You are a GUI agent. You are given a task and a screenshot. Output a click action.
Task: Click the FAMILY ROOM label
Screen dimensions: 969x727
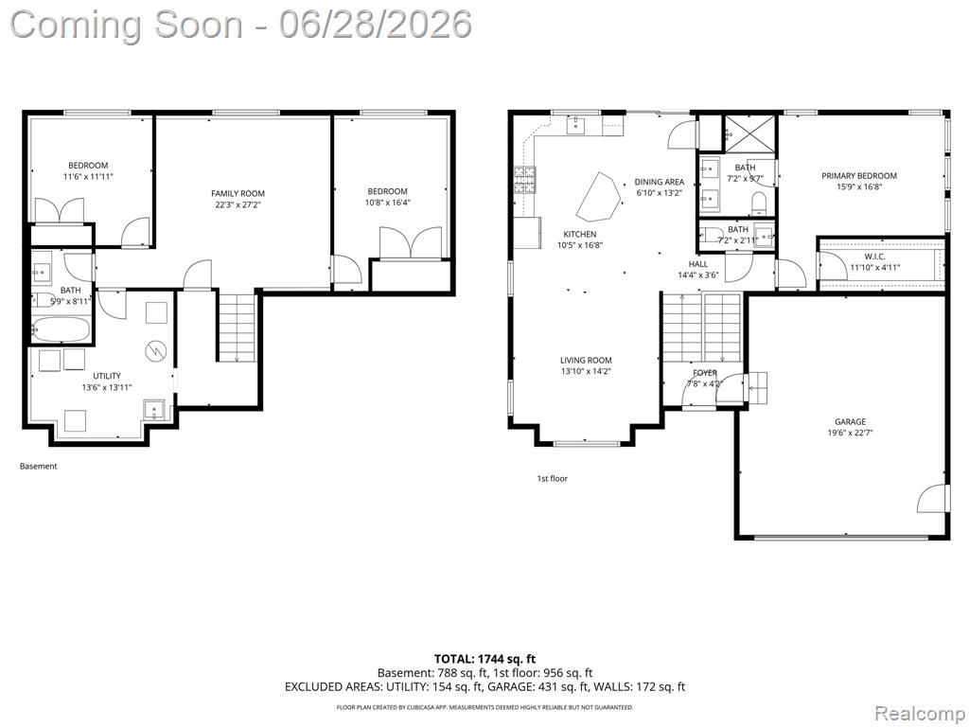click(238, 193)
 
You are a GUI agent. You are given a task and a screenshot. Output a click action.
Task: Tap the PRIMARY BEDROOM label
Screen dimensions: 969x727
click(859, 176)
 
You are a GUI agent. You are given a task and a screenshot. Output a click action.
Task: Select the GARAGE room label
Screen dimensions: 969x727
click(851, 421)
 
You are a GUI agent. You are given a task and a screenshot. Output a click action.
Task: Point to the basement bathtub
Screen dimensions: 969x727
click(61, 329)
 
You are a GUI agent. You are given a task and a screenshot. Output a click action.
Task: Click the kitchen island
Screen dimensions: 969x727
click(599, 197)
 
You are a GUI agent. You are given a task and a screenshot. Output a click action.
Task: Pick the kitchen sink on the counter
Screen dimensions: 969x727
click(576, 124)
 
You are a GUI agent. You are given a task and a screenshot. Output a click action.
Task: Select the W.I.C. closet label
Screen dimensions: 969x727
click(874, 257)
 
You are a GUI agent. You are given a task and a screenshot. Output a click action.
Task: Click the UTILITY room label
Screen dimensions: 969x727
click(107, 376)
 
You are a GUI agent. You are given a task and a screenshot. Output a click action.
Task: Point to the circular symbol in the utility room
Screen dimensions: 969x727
click(156, 351)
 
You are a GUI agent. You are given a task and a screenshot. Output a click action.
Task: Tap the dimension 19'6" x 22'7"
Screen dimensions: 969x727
click(851, 433)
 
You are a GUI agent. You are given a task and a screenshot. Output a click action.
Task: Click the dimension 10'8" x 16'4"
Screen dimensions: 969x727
click(387, 203)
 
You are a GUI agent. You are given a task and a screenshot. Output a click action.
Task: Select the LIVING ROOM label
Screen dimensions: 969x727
click(586, 361)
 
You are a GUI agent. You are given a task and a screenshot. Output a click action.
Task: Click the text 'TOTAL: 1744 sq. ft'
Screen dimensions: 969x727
click(484, 659)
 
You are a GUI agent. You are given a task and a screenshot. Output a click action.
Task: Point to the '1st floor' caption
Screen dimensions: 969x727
click(552, 478)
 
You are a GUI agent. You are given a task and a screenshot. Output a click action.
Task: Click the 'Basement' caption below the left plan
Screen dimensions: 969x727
click(38, 466)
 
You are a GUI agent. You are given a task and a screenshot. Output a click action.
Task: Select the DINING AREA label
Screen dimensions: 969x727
click(660, 182)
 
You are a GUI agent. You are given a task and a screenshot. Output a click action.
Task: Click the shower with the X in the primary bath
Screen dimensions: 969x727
click(749, 133)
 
